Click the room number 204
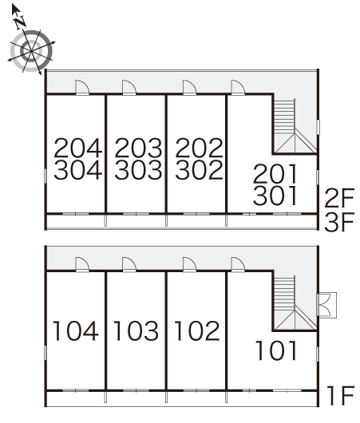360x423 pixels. click(x=78, y=148)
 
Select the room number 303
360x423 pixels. click(x=138, y=170)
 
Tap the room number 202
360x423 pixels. click(x=200, y=148)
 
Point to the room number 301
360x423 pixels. click(x=275, y=196)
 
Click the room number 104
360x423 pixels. click(x=75, y=330)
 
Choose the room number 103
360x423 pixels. click(x=136, y=330)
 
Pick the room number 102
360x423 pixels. click(x=196, y=330)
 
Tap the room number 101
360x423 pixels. click(x=276, y=350)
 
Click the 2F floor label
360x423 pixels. click(x=339, y=198)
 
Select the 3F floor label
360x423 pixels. click(x=339, y=222)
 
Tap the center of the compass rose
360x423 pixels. click(x=31, y=51)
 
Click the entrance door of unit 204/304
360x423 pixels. click(x=82, y=88)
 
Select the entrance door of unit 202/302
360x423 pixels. click(x=189, y=88)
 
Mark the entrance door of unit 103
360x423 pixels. click(x=129, y=265)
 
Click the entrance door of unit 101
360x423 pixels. click(x=238, y=265)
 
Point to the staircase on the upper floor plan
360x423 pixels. click(x=295, y=126)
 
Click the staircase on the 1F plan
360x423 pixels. click(x=295, y=303)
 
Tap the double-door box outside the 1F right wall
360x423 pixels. click(x=326, y=305)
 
